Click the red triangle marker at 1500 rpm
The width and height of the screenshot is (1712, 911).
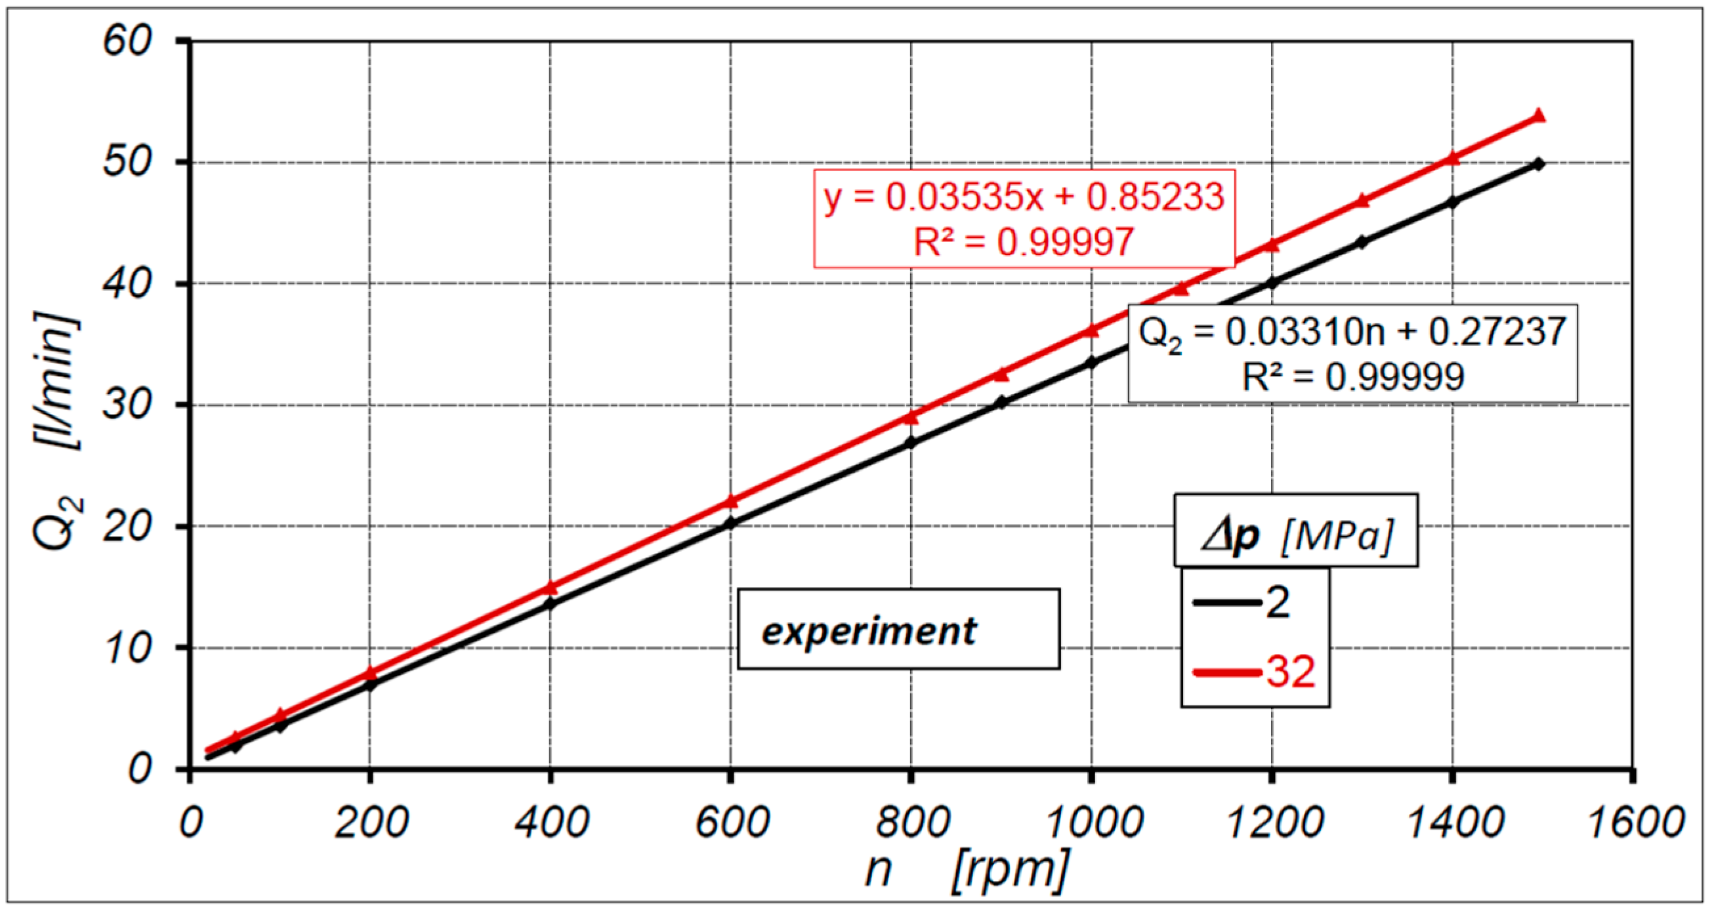click(1539, 115)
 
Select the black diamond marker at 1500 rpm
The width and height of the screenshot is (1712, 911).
click(1539, 164)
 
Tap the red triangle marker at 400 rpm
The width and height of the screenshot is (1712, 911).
click(551, 588)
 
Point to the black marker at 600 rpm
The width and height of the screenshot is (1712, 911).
click(730, 523)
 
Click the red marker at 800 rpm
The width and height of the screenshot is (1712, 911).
click(911, 417)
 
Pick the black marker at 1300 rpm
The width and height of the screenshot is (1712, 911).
click(1362, 243)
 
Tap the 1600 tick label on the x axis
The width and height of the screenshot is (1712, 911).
click(1635, 822)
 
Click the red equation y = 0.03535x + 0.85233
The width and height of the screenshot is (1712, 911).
click(1024, 197)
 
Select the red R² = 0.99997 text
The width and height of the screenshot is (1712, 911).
click(1024, 241)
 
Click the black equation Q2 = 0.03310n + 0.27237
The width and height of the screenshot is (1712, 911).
click(1352, 333)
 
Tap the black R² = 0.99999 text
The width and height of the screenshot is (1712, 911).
click(1352, 376)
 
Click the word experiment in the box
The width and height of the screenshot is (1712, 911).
click(869, 630)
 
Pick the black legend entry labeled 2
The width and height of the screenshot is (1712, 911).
click(1243, 603)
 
